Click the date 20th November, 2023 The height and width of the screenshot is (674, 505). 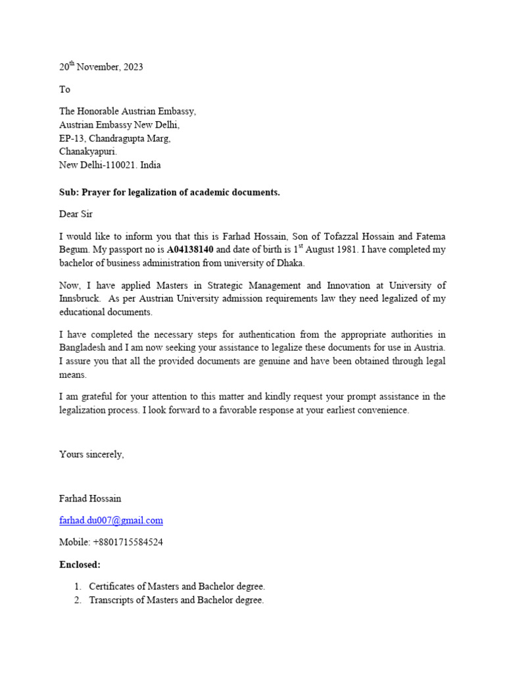pyautogui.click(x=101, y=67)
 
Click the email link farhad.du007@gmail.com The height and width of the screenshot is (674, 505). pyautogui.click(x=111, y=521)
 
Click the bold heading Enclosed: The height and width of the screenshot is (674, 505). pyautogui.click(x=80, y=565)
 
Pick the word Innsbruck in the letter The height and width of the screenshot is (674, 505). pyautogui.click(x=80, y=299)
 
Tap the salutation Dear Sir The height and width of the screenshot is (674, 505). pyautogui.click(x=76, y=214)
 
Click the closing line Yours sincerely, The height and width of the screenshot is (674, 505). pyautogui.click(x=91, y=454)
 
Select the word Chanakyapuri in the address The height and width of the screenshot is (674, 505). pyautogui.click(x=88, y=152)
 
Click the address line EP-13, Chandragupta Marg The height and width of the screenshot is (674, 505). pyautogui.click(x=115, y=138)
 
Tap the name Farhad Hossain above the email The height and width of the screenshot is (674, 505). pyautogui.click(x=90, y=498)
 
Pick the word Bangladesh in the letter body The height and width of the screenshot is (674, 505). pyautogui.click(x=82, y=348)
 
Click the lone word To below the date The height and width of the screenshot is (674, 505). pyautogui.click(x=64, y=90)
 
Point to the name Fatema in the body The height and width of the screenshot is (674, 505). pyautogui.click(x=429, y=236)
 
